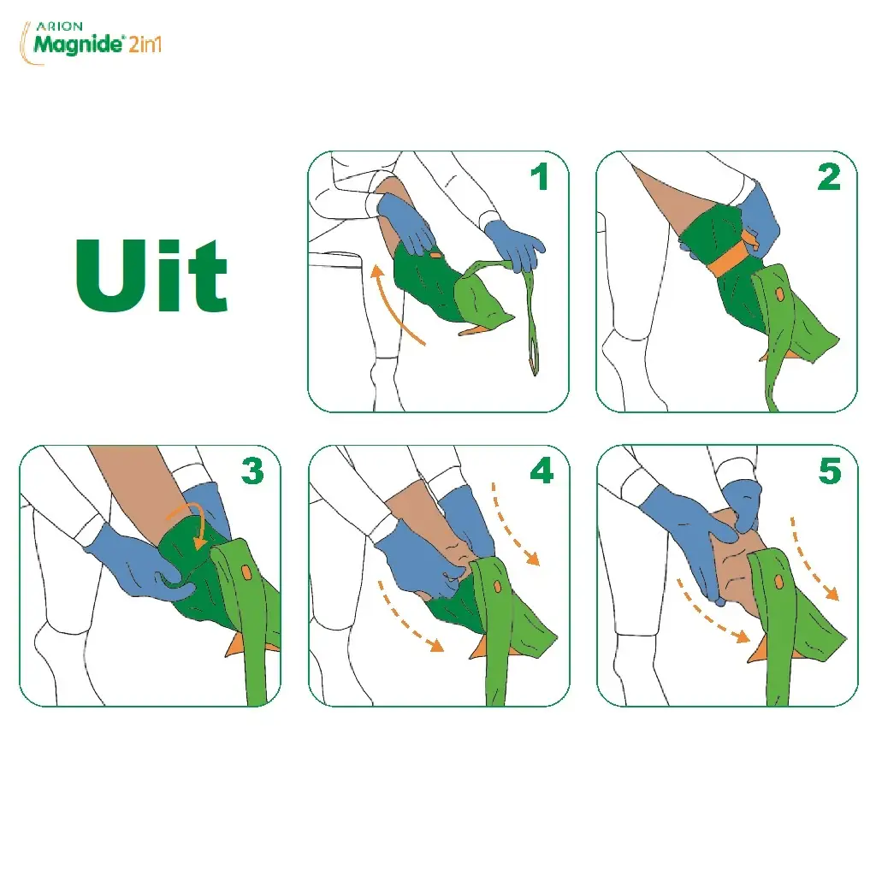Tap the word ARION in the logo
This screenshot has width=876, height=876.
tap(59, 27)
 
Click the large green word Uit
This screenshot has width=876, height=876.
tap(152, 275)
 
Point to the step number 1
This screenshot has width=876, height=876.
tap(539, 176)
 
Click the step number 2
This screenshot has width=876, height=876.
tap(828, 176)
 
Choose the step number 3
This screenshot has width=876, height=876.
tap(252, 471)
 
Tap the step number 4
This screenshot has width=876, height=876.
tap(542, 471)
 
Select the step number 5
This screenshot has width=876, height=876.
tap(830, 471)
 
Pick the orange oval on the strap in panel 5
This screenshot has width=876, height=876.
tap(778, 582)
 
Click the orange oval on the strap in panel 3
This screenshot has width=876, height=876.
tap(246, 572)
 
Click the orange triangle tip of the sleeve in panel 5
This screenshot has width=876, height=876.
tap(758, 651)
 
